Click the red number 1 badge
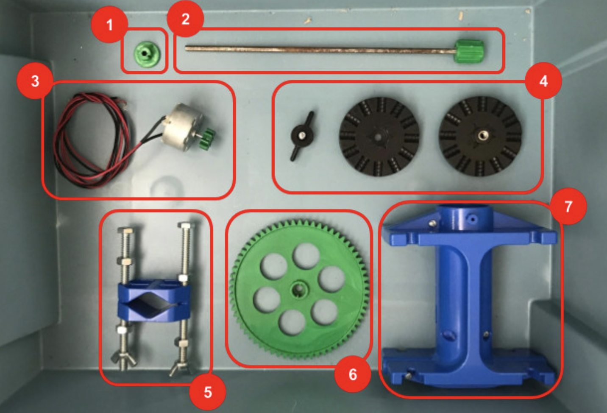pos(109,25)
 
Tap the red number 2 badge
pos(185,19)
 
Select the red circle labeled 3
pos(35,81)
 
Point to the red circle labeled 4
pos(543,81)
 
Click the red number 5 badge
pos(207,392)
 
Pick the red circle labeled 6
pos(352,374)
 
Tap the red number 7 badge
pos(568,206)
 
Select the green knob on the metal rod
pos(469,51)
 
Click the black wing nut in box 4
pos(302,136)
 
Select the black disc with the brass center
pos(481,136)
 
